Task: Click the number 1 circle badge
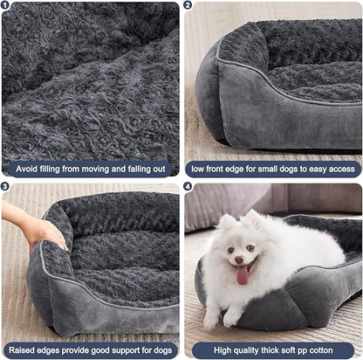(x=7, y=7)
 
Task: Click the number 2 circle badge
(x=188, y=7)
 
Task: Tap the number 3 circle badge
(x=7, y=187)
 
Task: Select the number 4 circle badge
(x=188, y=187)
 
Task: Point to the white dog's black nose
(x=243, y=260)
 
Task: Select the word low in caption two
(x=199, y=169)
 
